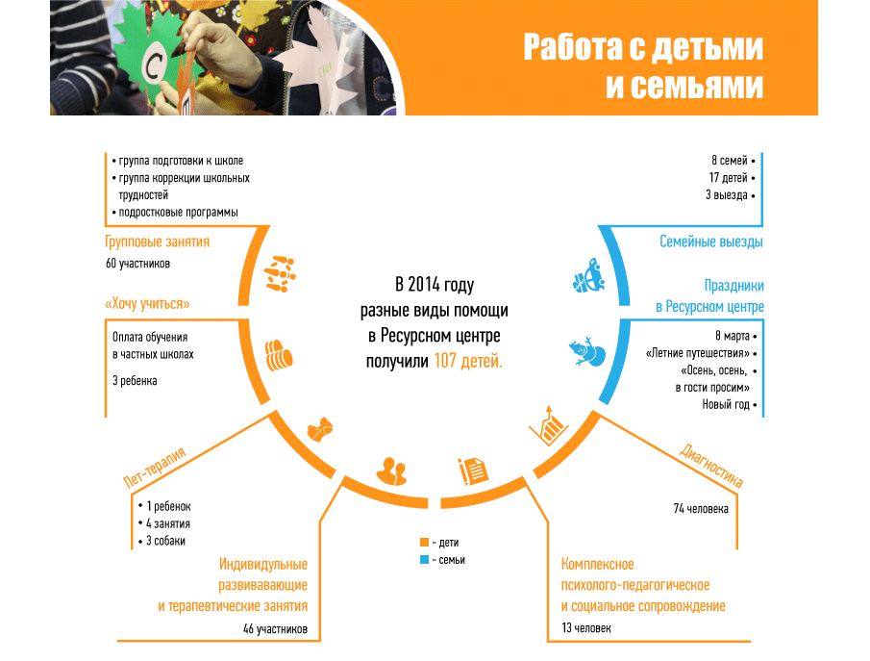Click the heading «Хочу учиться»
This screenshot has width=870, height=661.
click(147, 303)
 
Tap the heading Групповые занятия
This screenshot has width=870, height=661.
click(157, 242)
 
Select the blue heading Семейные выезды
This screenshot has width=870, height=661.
click(711, 242)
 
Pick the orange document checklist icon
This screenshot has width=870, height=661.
click(473, 470)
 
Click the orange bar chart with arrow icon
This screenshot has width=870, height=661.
click(549, 424)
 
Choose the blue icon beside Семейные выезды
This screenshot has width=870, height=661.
click(586, 276)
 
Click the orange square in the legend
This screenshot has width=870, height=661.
click(424, 543)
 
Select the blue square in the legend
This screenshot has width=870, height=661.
click(424, 560)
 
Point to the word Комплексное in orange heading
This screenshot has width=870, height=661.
click(597, 564)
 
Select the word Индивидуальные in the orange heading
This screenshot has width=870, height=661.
click(262, 564)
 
